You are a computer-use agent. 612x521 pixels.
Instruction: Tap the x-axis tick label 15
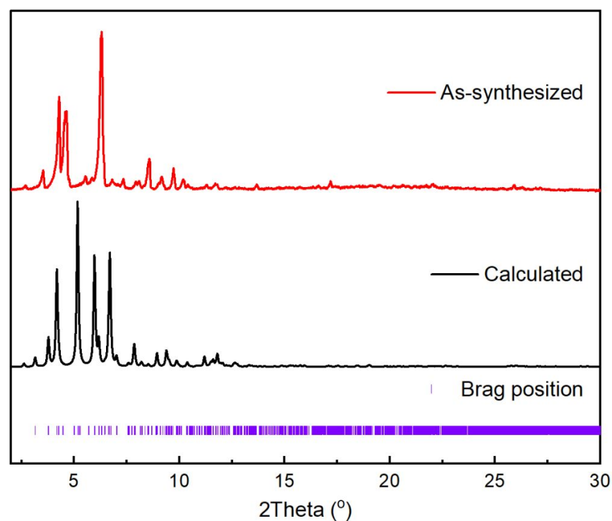point(284,481)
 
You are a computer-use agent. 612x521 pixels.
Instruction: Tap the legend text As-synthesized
point(511,92)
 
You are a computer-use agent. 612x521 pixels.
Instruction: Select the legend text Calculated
point(533,273)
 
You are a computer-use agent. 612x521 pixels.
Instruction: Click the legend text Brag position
point(522,389)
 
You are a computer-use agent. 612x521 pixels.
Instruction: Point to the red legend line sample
point(410,92)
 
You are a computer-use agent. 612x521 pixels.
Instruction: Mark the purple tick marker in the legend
point(431,389)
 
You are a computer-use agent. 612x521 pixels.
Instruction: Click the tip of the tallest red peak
point(101,32)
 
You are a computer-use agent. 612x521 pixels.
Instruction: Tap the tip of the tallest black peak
point(77,202)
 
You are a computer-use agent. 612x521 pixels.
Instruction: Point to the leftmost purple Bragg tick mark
point(35,430)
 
